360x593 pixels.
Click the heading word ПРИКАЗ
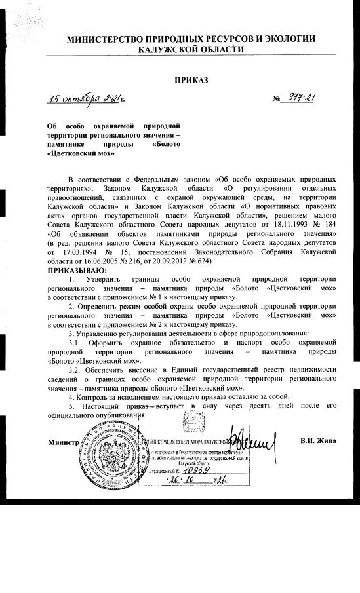click(x=191, y=80)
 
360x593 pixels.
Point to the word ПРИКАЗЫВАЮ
click(x=77, y=270)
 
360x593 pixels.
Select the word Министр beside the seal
click(x=63, y=442)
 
